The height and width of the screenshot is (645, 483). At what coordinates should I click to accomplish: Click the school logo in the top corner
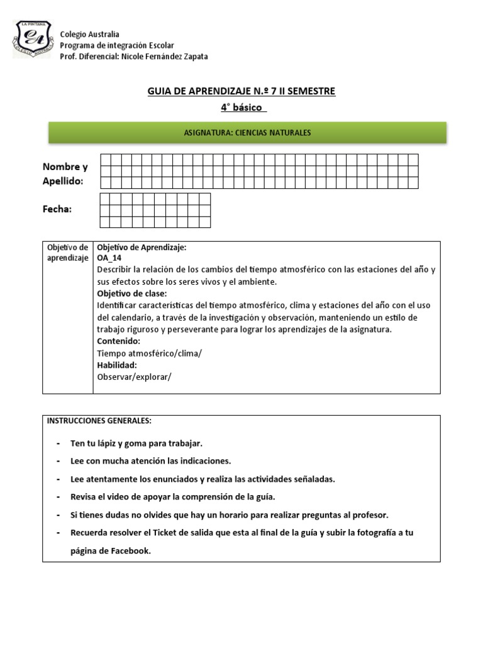coord(32,38)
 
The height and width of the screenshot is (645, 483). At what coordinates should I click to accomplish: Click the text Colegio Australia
coord(89,34)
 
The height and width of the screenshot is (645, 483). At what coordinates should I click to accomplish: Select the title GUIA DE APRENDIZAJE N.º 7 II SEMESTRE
coord(241,92)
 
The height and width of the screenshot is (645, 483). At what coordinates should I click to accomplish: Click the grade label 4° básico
coord(243,108)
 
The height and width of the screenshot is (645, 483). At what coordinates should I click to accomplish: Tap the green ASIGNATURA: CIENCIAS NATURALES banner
coord(247,133)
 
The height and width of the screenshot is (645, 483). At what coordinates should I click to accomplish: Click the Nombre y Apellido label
coord(65,174)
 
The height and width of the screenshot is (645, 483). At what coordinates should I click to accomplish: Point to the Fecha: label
coord(57,209)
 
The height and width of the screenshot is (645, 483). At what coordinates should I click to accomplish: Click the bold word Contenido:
coord(119,341)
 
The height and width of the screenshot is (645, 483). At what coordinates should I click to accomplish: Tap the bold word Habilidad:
coord(117,365)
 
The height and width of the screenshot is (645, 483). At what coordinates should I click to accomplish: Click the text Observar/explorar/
coord(134,377)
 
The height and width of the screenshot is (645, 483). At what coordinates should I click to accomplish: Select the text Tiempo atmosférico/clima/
coord(150,353)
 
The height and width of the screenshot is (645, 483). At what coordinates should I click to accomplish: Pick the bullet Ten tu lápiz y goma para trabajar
coord(136,443)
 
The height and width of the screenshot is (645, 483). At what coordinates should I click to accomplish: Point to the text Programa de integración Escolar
coord(116,45)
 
